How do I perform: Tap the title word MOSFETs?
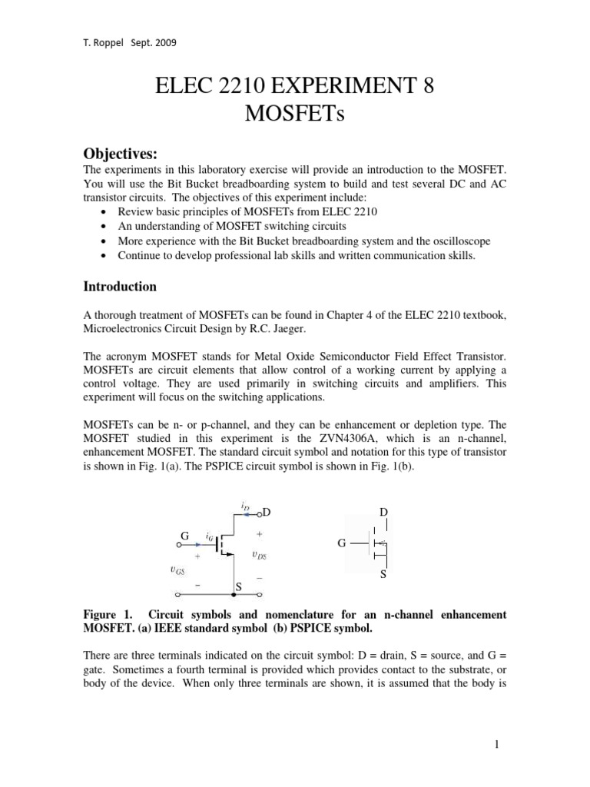click(x=295, y=115)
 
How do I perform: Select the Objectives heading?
click(x=120, y=156)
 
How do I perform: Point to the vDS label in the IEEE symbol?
click(x=260, y=553)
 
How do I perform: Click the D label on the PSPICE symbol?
click(x=384, y=513)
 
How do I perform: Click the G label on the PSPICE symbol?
click(x=343, y=543)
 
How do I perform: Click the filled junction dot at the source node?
click(x=233, y=594)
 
